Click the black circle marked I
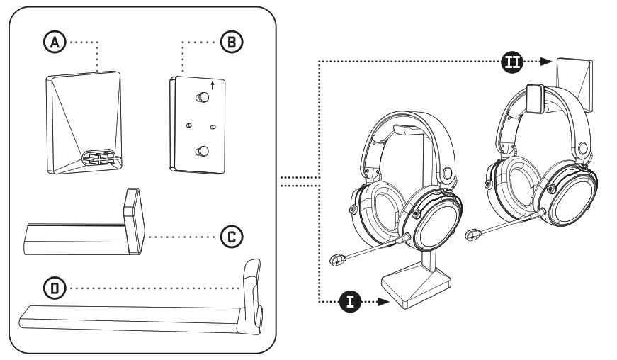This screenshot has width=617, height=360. [x=350, y=303]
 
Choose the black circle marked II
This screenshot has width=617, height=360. [x=511, y=62]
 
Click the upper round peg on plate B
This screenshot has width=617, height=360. [x=201, y=98]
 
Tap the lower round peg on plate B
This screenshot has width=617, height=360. [x=201, y=150]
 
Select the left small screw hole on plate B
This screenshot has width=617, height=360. [x=188, y=125]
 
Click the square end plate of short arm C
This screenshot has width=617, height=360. [x=134, y=216]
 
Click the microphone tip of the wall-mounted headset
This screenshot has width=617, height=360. [x=472, y=233]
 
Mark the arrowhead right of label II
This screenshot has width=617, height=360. [x=545, y=62]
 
